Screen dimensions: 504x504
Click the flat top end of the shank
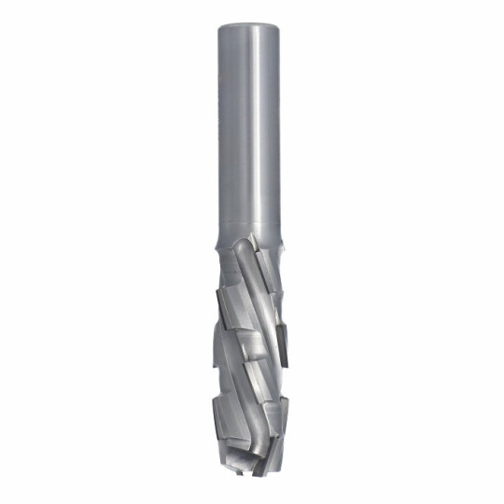(x=251, y=21)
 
